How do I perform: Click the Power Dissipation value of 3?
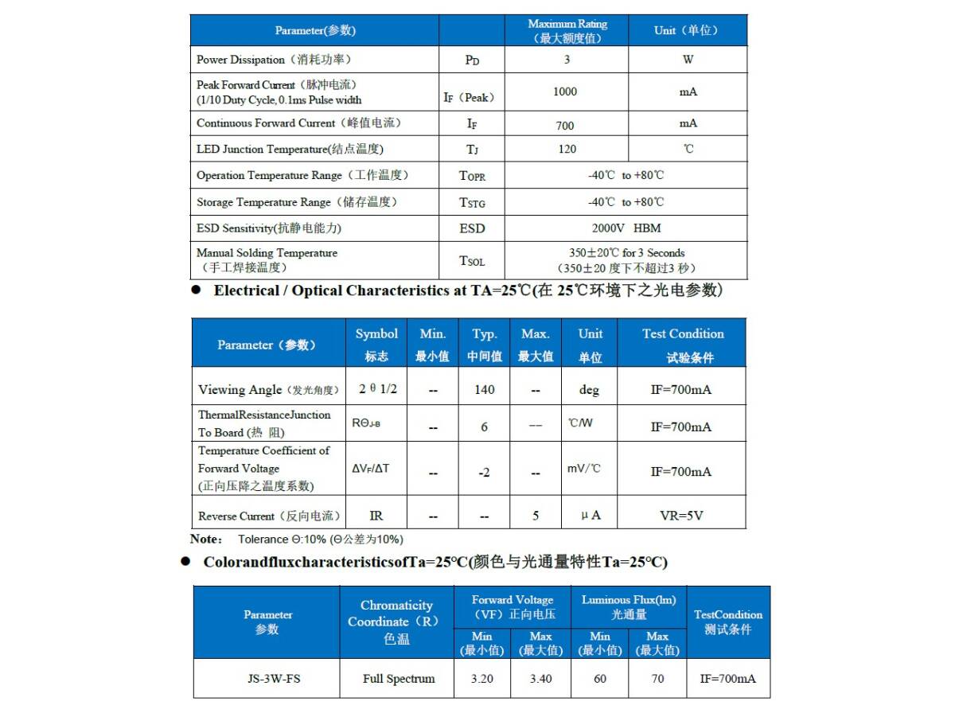click(567, 60)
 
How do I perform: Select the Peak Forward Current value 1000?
click(565, 92)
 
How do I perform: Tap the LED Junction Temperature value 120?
click(567, 150)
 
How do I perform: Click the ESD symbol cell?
click(472, 228)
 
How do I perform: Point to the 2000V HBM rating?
click(626, 228)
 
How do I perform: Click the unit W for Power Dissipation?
click(688, 60)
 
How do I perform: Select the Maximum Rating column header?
click(567, 31)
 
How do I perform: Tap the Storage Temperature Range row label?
click(297, 202)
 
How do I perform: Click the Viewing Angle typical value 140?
click(484, 390)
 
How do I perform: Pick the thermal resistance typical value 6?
click(484, 427)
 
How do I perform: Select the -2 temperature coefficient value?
click(484, 473)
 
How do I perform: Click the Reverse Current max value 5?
click(536, 516)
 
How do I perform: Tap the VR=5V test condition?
click(681, 516)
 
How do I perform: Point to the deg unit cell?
click(589, 390)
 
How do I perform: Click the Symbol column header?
click(376, 344)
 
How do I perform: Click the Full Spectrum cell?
click(399, 679)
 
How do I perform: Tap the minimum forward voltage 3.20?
click(482, 679)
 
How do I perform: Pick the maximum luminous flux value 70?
click(657, 679)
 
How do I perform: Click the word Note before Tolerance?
click(206, 539)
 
